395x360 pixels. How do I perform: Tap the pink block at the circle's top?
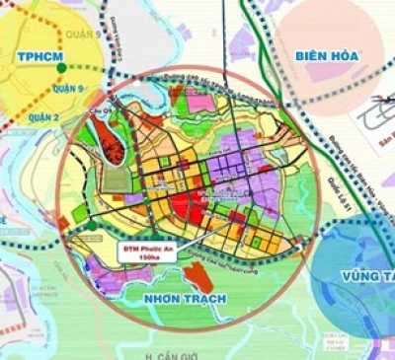(x=200, y=103)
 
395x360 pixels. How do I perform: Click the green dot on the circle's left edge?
(x=91, y=225)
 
